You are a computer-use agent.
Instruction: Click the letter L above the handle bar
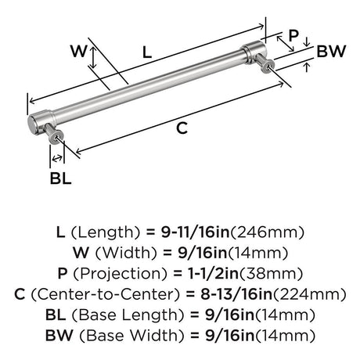click(147, 52)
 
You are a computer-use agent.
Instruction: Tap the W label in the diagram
click(78, 51)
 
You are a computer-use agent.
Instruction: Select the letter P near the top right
click(293, 35)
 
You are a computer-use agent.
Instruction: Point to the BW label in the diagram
click(331, 51)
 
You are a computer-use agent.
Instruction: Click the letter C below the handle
click(182, 128)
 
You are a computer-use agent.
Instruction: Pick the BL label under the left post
click(60, 178)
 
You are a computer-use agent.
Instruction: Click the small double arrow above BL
click(57, 158)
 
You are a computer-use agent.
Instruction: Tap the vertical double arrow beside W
click(93, 57)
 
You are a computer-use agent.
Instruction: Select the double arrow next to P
click(286, 44)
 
